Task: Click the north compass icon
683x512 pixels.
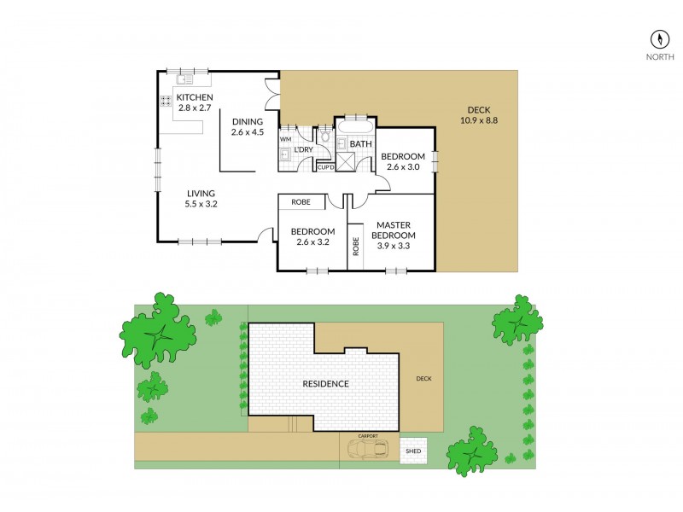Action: [659, 39]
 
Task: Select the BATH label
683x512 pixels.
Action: [360, 144]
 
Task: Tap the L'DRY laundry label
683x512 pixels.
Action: [303, 151]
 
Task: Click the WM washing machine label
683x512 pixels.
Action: [285, 138]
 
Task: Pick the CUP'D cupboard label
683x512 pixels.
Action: [325, 167]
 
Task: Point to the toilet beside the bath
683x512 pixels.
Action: [325, 137]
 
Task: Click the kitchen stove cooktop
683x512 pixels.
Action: [165, 101]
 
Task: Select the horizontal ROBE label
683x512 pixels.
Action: [301, 202]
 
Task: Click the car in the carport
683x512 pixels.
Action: [369, 450]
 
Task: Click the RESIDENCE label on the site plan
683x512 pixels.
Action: [325, 384]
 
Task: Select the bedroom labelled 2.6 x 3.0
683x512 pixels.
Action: [403, 161]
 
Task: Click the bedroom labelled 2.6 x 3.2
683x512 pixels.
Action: [312, 236]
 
